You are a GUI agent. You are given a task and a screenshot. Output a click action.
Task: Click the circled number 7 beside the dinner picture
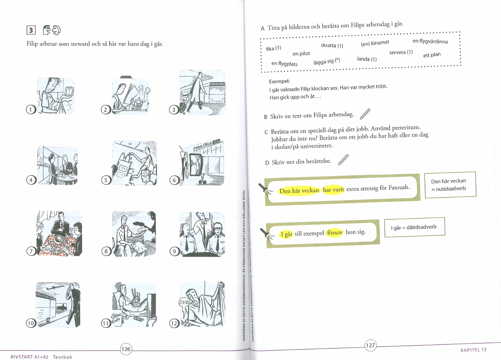pos(31,251)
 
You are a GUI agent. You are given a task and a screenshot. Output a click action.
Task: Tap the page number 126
pos(126,349)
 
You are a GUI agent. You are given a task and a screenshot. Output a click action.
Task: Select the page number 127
pos(370,345)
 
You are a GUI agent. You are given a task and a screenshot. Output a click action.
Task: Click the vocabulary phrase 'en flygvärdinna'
pos(430,41)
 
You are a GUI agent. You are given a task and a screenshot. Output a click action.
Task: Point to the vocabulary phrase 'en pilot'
pos(301,54)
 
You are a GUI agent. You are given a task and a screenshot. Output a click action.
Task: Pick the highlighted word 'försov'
pos(335,233)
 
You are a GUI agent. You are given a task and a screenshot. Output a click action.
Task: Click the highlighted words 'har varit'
pos(334,190)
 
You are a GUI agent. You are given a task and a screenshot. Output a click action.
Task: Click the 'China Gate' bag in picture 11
pos(116,318)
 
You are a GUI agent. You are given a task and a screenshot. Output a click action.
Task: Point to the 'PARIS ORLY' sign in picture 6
pos(207,145)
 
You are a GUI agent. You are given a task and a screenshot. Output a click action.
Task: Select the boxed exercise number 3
pos(31,30)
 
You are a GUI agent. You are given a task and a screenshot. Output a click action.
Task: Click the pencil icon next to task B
pos(365,114)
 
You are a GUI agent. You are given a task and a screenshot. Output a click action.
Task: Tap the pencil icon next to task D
pos(343,160)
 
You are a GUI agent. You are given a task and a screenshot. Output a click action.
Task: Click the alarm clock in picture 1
pos(69,91)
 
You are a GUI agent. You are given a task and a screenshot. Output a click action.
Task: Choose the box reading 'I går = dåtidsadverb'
pos(415,227)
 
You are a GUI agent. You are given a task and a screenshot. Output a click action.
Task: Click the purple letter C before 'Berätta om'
pos(266,132)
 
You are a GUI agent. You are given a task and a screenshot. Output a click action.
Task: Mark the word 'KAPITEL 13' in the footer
pos(473,350)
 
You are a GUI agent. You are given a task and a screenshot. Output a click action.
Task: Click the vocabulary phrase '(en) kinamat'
pos(375,43)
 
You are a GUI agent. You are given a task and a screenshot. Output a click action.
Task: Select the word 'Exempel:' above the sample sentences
pos(279,81)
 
